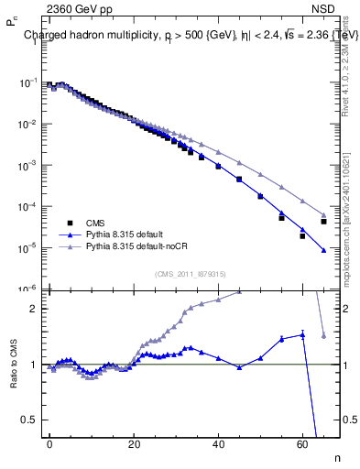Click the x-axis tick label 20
tap(134, 442)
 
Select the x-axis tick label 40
tap(218, 442)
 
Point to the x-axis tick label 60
tap(302, 442)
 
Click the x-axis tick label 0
tap(49, 442)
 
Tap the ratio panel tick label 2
tap(31, 309)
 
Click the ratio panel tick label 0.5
tap(27, 420)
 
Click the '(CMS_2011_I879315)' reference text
tap(189, 273)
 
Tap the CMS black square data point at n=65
tap(323, 222)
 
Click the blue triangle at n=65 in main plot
tap(323, 250)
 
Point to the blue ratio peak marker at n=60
tap(302, 335)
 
